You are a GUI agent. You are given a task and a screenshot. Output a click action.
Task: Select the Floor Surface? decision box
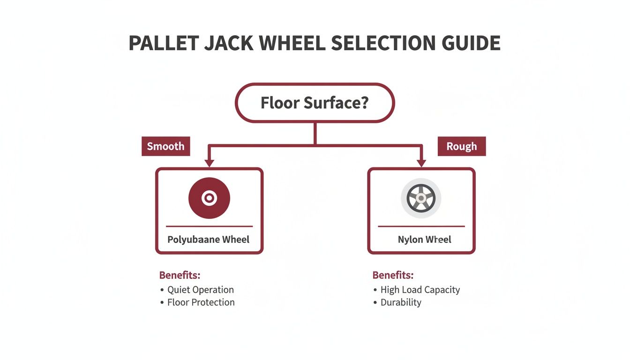tap(315, 103)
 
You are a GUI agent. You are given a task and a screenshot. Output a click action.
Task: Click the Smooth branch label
tap(165, 146)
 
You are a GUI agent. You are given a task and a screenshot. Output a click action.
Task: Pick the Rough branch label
tap(462, 146)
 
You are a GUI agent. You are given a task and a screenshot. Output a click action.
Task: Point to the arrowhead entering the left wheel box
tap(209, 163)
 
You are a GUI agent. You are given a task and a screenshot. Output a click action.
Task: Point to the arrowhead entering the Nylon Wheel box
tap(421, 163)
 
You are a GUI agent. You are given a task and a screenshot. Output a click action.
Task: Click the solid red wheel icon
tap(209, 198)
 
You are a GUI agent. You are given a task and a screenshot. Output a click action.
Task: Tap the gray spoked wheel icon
tap(421, 198)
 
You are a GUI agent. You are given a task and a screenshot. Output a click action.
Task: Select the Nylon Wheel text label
tap(424, 240)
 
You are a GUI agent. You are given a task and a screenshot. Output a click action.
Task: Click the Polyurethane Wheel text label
tap(209, 240)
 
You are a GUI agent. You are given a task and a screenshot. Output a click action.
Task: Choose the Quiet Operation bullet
tap(200, 290)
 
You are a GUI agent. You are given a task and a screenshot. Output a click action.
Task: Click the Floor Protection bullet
tap(201, 302)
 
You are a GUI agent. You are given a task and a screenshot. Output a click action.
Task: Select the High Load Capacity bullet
tap(420, 290)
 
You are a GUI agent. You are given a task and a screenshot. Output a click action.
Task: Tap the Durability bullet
tap(401, 302)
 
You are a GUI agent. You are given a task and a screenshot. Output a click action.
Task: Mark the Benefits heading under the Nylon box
tap(393, 275)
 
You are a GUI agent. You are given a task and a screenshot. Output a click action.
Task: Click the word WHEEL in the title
tap(291, 43)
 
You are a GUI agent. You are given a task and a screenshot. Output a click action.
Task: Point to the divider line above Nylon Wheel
tap(421, 226)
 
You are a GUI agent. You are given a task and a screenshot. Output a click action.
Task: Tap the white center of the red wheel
tap(209, 198)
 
